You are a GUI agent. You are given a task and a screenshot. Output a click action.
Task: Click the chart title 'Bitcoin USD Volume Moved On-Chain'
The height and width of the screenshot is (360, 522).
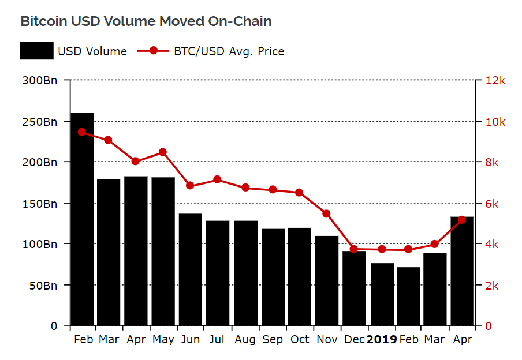[146, 21]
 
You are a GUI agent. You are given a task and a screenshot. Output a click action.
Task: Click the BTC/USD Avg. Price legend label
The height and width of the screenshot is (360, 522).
[229, 51]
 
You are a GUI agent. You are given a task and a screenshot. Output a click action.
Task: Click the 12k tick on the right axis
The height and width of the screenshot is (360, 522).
[495, 81]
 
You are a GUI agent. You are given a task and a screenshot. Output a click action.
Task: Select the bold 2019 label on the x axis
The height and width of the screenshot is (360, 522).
[382, 340]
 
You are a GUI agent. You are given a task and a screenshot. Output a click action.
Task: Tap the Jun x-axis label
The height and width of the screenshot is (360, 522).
[190, 340]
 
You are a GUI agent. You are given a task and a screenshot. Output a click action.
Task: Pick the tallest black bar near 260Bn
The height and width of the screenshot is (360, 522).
[82, 219]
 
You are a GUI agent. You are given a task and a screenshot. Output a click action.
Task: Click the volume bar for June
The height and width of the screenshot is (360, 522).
[191, 269]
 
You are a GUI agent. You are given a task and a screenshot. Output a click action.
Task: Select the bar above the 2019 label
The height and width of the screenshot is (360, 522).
[382, 294]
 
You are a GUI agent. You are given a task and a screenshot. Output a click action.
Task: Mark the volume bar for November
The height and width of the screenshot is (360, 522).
[327, 280]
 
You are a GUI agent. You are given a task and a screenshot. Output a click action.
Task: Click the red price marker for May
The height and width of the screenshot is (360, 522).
[163, 152]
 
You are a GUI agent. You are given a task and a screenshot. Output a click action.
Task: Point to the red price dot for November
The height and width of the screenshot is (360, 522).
[326, 213]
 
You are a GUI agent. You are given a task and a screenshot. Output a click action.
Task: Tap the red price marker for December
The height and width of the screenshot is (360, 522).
[354, 249]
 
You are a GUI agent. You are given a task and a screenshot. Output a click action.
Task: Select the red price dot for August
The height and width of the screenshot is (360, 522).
[245, 187]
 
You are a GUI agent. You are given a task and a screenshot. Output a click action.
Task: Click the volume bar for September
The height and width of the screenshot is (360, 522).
[273, 277]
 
